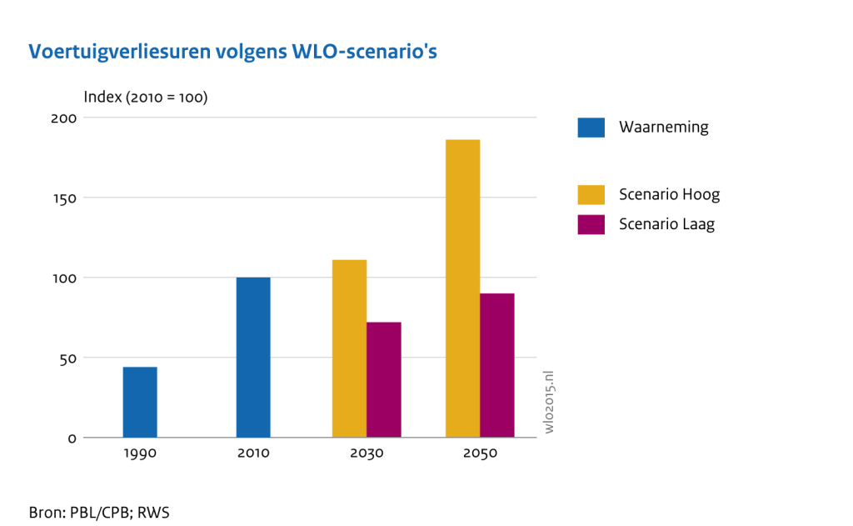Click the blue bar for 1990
tap(139, 402)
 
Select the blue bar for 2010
tap(253, 357)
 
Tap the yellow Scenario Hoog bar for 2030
tap(349, 348)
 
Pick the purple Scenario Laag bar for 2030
tap(384, 379)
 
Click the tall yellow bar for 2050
tap(462, 288)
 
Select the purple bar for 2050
tap(497, 365)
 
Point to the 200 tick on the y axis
tap(63, 118)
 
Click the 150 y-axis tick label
tap(64, 198)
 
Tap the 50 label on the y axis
tap(67, 358)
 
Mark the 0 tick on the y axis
tap(72, 438)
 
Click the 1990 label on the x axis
tap(140, 453)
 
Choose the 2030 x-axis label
tap(367, 453)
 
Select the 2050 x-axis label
tap(480, 453)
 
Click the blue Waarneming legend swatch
tap(591, 128)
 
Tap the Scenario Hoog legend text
tap(669, 194)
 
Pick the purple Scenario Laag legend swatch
tap(591, 224)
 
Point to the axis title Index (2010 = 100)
tap(146, 97)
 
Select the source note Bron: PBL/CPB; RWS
tap(99, 512)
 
